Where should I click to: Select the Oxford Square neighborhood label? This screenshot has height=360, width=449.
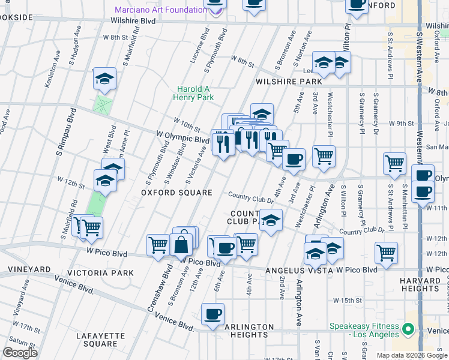tap(176, 193)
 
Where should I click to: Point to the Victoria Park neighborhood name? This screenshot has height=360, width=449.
tap(100, 273)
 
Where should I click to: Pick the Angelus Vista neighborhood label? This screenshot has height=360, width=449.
tap(299, 271)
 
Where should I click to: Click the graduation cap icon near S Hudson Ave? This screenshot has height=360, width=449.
tap(104, 79)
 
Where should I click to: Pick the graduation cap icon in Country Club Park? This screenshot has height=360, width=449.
tap(271, 219)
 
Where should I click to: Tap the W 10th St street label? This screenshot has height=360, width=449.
tap(187, 125)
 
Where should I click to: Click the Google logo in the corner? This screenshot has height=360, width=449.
tap(20, 353)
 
